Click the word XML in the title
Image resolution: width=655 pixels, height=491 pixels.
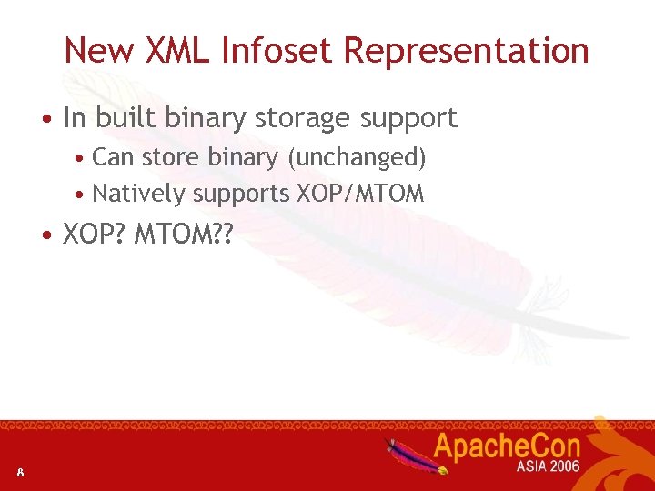click(x=177, y=50)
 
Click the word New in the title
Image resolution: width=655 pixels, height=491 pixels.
click(x=97, y=50)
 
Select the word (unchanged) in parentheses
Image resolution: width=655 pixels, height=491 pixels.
click(x=357, y=158)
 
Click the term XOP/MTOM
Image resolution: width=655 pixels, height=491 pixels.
click(x=360, y=194)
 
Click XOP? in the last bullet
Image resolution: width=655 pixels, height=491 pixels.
click(x=96, y=235)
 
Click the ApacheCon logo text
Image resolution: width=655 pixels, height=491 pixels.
click(x=507, y=446)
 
